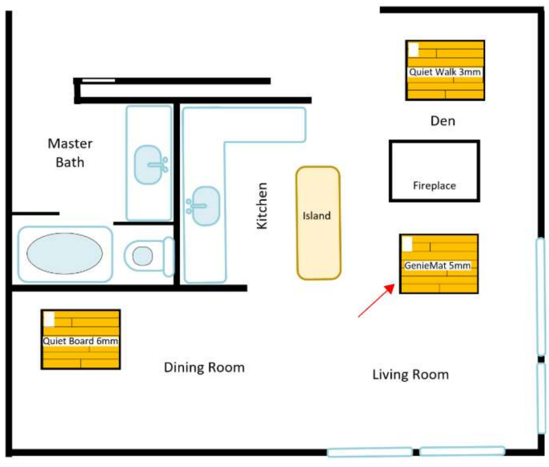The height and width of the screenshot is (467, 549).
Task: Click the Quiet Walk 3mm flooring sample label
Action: (445, 72)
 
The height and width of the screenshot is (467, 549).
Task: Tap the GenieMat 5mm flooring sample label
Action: (437, 266)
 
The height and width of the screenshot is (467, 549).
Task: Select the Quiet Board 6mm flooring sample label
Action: (81, 341)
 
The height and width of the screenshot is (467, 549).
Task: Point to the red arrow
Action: (377, 300)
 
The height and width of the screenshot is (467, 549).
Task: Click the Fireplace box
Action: (434, 142)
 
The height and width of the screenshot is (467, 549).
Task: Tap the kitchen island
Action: (318, 223)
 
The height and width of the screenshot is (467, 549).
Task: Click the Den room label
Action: (443, 121)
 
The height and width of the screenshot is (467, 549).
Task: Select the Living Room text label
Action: (411, 375)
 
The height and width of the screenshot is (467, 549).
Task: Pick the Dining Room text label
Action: (204, 367)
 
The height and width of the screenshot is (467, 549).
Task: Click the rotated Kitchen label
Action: (262, 206)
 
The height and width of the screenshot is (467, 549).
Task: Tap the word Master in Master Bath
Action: (70, 144)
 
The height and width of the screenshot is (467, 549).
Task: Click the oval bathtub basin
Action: (65, 253)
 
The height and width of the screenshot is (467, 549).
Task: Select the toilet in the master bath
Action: (149, 257)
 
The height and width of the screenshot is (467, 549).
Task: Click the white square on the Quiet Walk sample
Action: (414, 50)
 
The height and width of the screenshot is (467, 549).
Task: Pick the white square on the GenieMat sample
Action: (407, 245)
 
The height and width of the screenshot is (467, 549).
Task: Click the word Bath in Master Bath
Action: (70, 163)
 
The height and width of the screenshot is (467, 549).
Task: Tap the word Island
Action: (317, 216)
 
